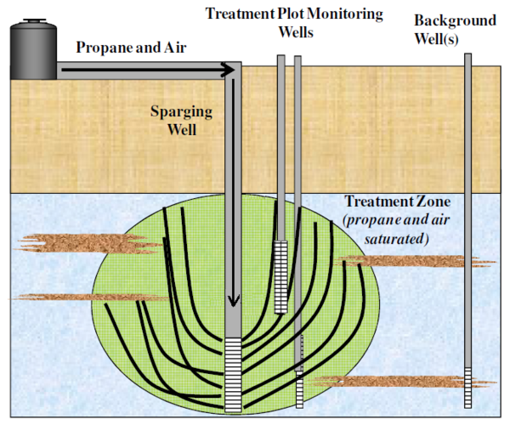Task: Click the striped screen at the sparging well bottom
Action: coord(233,374)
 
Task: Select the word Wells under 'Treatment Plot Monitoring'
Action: coord(294,33)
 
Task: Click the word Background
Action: coord(455,19)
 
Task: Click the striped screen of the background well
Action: coord(468,387)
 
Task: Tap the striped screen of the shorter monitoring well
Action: coord(281,276)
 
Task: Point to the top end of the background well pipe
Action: coord(468,56)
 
